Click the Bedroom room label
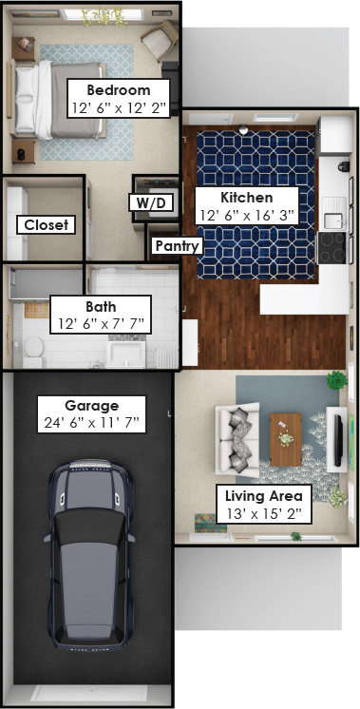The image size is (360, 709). pyautogui.click(x=119, y=90)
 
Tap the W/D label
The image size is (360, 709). pyautogui.click(x=151, y=202)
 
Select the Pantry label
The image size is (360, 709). pyautogui.click(x=177, y=246)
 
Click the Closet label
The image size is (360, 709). pyautogui.click(x=47, y=224)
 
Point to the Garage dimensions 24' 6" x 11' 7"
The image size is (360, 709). pyautogui.click(x=92, y=423)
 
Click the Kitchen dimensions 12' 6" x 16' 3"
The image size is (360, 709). pyautogui.click(x=247, y=215)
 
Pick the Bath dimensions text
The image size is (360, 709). pyautogui.click(x=101, y=324)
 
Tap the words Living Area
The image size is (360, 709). pyautogui.click(x=264, y=496)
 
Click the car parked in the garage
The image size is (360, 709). pyautogui.click(x=90, y=555)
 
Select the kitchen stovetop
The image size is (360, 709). pyautogui.click(x=332, y=248)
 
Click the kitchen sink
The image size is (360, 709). pyautogui.click(x=333, y=220)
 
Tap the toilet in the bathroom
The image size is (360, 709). pyautogui.click(x=34, y=352)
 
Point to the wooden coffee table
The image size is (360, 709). pyautogui.click(x=286, y=439)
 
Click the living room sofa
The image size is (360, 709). pyautogui.click(x=237, y=438)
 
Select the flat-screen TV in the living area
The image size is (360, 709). pyautogui.click(x=337, y=440)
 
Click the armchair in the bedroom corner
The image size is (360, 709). pyautogui.click(x=159, y=39)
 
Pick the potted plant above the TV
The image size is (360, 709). pyautogui.click(x=337, y=380)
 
